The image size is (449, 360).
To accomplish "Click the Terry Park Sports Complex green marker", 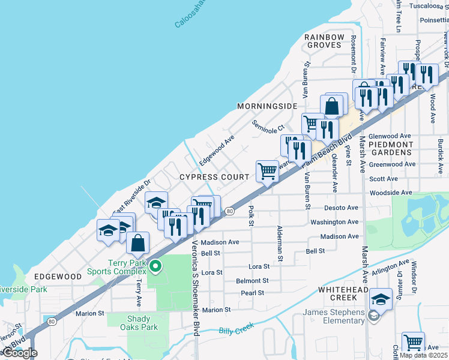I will [155, 266].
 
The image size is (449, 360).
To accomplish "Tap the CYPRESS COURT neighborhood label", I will [214, 177].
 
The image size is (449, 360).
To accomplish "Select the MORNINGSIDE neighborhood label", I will [267, 106].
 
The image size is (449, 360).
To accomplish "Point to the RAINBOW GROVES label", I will [324, 41].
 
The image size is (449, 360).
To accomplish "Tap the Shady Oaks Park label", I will [142, 323].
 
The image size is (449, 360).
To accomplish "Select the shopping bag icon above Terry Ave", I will [138, 242].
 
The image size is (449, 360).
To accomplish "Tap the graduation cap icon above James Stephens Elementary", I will [381, 298].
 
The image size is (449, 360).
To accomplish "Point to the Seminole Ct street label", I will [267, 127].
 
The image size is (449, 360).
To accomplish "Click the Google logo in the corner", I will [19, 353].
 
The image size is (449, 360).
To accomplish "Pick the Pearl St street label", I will [252, 293].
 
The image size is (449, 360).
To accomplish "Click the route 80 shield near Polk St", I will [229, 211].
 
